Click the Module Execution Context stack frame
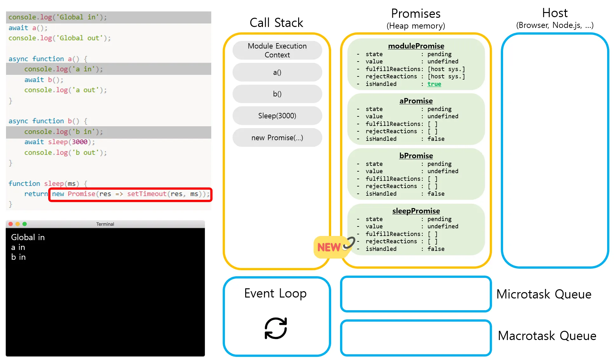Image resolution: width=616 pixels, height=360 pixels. point(277,50)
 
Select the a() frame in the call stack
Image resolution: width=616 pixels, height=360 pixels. point(277,72)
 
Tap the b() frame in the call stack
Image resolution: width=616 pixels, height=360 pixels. point(277,94)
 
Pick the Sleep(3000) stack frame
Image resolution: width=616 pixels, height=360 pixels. point(277,116)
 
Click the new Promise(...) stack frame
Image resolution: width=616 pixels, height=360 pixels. point(277,138)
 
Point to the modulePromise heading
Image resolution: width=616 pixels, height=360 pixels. point(416,46)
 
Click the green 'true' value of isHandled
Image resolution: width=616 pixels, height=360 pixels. point(434,84)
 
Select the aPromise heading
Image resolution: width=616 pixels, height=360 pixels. point(416,101)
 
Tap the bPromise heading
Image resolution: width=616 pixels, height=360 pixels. point(416,156)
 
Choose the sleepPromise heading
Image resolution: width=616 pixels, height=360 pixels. point(416,211)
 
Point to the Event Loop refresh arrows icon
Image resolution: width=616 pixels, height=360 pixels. point(276,328)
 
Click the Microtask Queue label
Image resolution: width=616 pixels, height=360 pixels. point(544,294)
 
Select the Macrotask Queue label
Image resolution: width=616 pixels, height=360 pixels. point(547,336)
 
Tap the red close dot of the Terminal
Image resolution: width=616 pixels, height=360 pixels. point(10,224)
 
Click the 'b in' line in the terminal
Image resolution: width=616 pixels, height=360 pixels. point(18,257)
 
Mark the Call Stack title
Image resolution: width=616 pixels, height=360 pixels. point(276,23)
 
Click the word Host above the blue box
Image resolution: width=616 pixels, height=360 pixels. point(555,13)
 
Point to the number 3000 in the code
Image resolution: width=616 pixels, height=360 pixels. point(79,142)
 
